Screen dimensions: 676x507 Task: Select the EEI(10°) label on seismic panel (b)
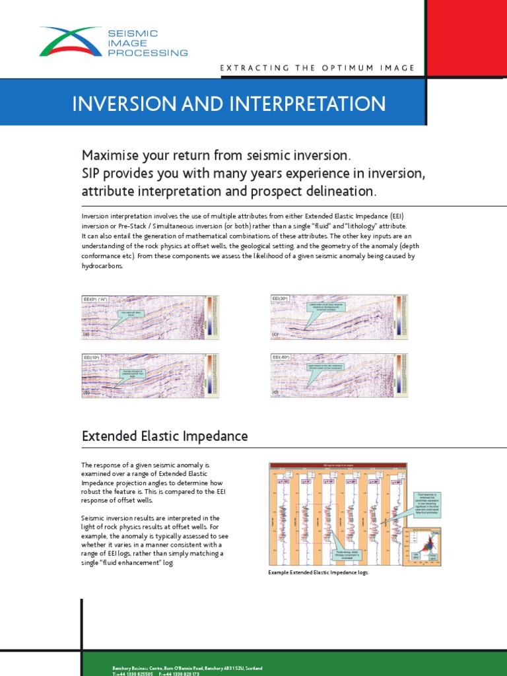(93, 357)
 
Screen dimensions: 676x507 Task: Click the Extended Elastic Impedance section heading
(165, 436)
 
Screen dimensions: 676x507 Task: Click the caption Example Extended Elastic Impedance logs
(319, 572)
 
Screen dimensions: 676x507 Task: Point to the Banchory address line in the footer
(187, 668)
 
